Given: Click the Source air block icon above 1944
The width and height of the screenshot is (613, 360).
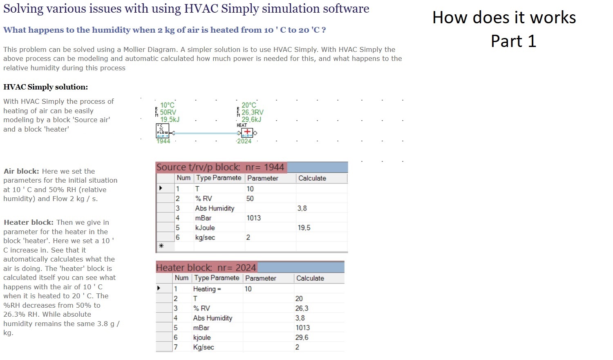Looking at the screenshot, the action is click(163, 131).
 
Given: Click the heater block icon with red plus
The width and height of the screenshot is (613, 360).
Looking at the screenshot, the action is click(247, 133).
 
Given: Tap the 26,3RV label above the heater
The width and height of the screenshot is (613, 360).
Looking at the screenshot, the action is click(252, 112).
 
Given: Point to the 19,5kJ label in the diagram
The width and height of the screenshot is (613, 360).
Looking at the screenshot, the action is click(170, 120).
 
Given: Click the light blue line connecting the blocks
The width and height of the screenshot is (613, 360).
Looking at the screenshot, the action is click(206, 133).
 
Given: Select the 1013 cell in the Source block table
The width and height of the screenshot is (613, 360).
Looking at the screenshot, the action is click(254, 218).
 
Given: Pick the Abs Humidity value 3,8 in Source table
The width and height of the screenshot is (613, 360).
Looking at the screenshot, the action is click(302, 208).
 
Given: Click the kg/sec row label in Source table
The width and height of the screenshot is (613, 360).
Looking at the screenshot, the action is click(205, 237).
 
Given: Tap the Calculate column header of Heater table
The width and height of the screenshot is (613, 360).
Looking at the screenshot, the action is click(310, 278).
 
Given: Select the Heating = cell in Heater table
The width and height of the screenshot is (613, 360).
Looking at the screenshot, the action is click(207, 289).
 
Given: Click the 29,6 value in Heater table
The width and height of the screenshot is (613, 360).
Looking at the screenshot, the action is click(302, 338).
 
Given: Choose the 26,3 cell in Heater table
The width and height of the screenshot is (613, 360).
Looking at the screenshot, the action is click(302, 309).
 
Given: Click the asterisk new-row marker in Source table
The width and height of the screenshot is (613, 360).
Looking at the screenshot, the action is click(161, 246).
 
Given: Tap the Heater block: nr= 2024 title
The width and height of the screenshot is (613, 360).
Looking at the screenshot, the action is click(206, 268).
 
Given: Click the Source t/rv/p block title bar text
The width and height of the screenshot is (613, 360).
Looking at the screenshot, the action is click(220, 167).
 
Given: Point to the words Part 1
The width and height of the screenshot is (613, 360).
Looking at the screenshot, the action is click(513, 41).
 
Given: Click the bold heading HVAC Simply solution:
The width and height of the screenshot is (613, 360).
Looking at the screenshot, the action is click(46, 87).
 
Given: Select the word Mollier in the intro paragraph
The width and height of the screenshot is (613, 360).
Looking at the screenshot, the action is click(134, 49).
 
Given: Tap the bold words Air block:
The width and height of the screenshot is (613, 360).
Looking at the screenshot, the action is click(21, 171).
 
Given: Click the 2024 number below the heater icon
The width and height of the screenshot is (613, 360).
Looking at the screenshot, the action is click(244, 141).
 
